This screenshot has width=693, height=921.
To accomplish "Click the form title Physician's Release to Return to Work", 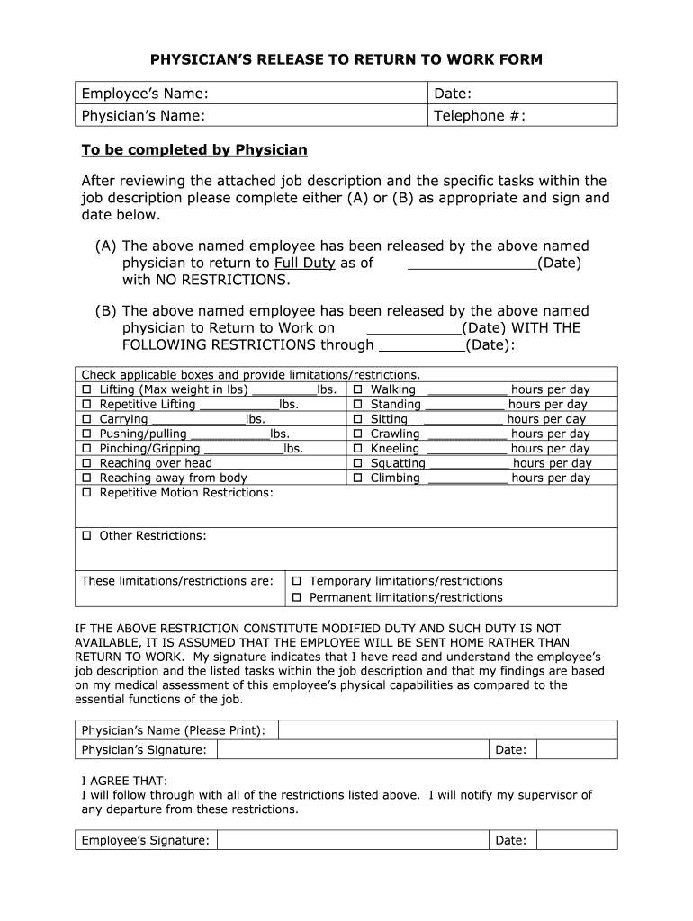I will click(x=346, y=60).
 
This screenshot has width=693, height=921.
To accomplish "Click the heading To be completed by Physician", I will click(x=194, y=149).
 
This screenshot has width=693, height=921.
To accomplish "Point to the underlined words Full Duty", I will click(x=305, y=264).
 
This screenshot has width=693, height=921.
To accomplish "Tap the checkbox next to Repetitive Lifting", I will click(x=87, y=405).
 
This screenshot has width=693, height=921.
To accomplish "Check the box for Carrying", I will click(x=87, y=419).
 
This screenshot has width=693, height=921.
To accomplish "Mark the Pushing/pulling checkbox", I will click(x=87, y=434).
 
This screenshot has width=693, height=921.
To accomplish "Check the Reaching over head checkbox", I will click(x=87, y=463).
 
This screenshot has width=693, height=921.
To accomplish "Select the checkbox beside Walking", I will click(x=357, y=389).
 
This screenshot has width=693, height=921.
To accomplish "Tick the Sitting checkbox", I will click(x=357, y=419).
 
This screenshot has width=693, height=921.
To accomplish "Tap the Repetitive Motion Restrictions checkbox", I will click(x=87, y=493).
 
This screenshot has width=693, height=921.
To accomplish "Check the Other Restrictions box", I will click(x=87, y=536).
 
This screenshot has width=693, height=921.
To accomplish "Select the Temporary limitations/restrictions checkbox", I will click(x=297, y=581).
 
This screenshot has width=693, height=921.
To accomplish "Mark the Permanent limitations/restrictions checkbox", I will click(x=297, y=597).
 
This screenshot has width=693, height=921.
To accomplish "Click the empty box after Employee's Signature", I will click(x=353, y=840).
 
